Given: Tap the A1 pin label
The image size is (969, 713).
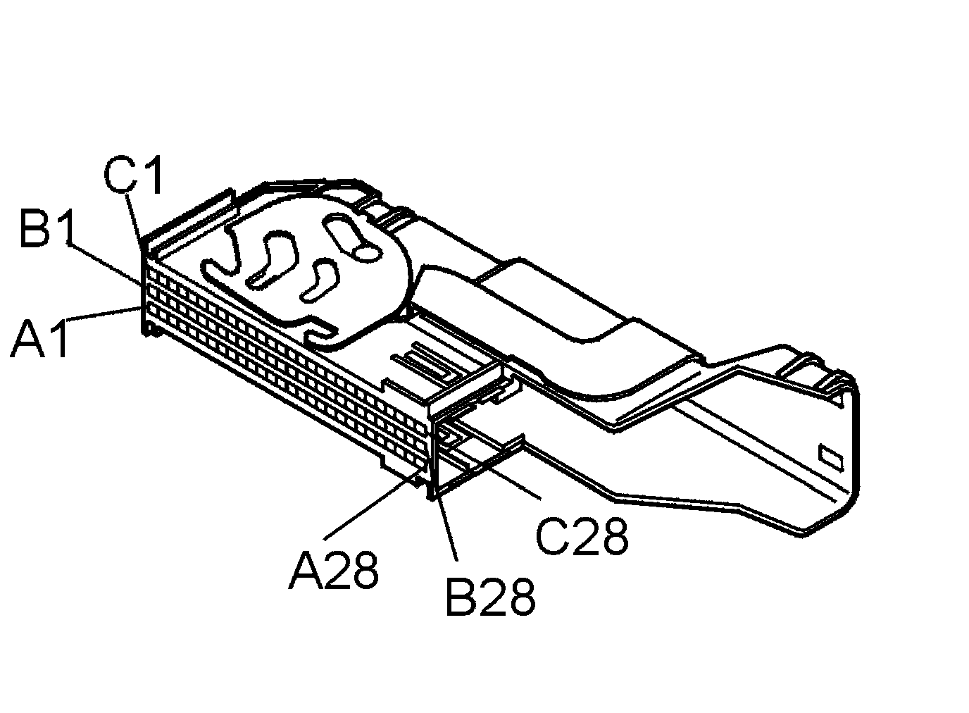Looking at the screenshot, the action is [x=39, y=337].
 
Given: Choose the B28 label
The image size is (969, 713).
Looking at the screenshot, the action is [x=490, y=596].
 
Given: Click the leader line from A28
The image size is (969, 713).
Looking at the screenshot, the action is [x=373, y=507].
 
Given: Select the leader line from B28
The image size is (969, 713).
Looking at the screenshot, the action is [x=446, y=529].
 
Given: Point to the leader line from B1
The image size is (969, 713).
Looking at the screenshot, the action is [x=104, y=264].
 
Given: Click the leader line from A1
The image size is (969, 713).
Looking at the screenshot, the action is [x=103, y=314].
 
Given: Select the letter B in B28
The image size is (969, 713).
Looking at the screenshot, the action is [x=461, y=596].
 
